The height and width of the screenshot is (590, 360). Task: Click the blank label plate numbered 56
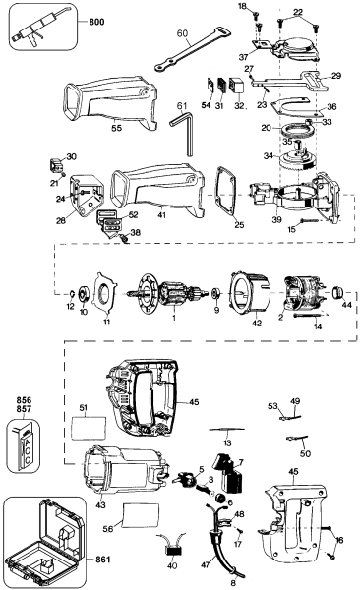tap(139, 511)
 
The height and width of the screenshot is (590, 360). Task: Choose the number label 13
tap(226, 443)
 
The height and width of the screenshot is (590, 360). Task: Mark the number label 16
tap(341, 538)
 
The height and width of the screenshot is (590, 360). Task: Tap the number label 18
tap(243, 7)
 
